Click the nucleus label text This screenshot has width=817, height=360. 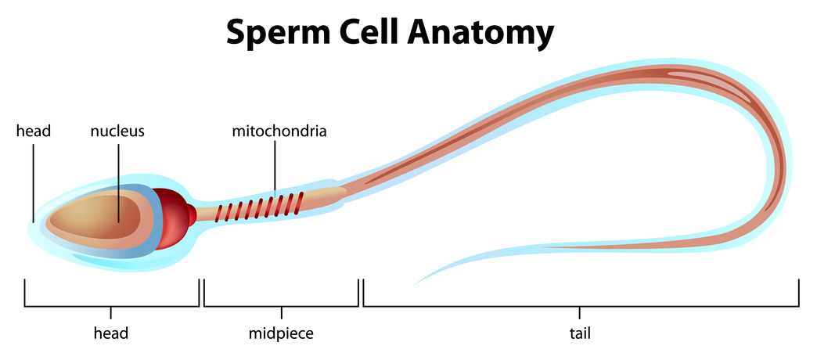[117, 131]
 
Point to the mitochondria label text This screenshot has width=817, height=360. [279, 131]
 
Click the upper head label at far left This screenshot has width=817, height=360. [33, 131]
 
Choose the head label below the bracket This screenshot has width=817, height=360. [110, 334]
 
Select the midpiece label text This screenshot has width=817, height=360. [281, 334]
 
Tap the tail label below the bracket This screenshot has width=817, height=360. [579, 334]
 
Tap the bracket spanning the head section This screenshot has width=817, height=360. [110, 306]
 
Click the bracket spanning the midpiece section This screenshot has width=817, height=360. [281, 306]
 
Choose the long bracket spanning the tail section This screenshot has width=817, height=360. [581, 306]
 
